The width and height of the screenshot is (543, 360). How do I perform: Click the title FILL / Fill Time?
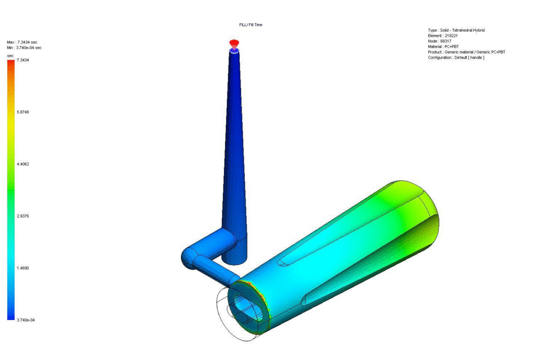(x=251, y=25)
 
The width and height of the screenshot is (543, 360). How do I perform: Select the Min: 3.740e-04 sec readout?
(x=24, y=48)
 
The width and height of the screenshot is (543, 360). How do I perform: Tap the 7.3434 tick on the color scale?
(x=23, y=60)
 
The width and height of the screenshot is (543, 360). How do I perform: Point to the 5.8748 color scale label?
(x=23, y=112)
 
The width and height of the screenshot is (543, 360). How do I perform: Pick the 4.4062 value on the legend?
(x=23, y=164)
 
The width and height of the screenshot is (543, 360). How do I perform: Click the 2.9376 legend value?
(x=23, y=216)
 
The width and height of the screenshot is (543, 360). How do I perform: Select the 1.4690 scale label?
(x=23, y=268)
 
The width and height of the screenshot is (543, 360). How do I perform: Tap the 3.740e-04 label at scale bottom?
(x=25, y=320)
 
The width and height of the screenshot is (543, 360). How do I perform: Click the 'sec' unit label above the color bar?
(x=10, y=55)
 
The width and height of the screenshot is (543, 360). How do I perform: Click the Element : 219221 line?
(x=443, y=36)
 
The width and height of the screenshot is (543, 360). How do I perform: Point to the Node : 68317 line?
(x=439, y=41)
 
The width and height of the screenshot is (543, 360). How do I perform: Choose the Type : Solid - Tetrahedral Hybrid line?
(x=456, y=30)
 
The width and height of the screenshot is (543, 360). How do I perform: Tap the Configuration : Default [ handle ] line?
(x=456, y=58)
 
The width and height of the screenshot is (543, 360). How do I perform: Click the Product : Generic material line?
(x=467, y=52)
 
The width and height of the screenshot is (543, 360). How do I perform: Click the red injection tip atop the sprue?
(x=234, y=43)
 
